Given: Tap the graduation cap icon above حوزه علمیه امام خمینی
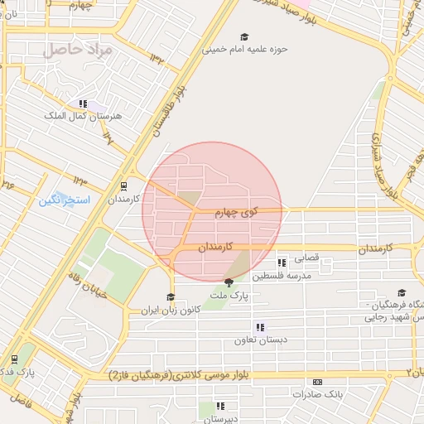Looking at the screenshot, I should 243,36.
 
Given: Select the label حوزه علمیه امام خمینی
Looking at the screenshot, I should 246,49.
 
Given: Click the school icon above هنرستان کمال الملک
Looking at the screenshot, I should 82,104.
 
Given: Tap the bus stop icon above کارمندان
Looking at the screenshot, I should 123,186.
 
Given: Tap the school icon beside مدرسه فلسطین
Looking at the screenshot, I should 282,263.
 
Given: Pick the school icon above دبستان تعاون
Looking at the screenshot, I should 260,327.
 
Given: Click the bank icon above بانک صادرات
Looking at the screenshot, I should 317,382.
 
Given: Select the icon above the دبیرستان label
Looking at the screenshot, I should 220,406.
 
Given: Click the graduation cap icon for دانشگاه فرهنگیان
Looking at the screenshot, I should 402,292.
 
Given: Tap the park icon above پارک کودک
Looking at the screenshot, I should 14,359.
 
